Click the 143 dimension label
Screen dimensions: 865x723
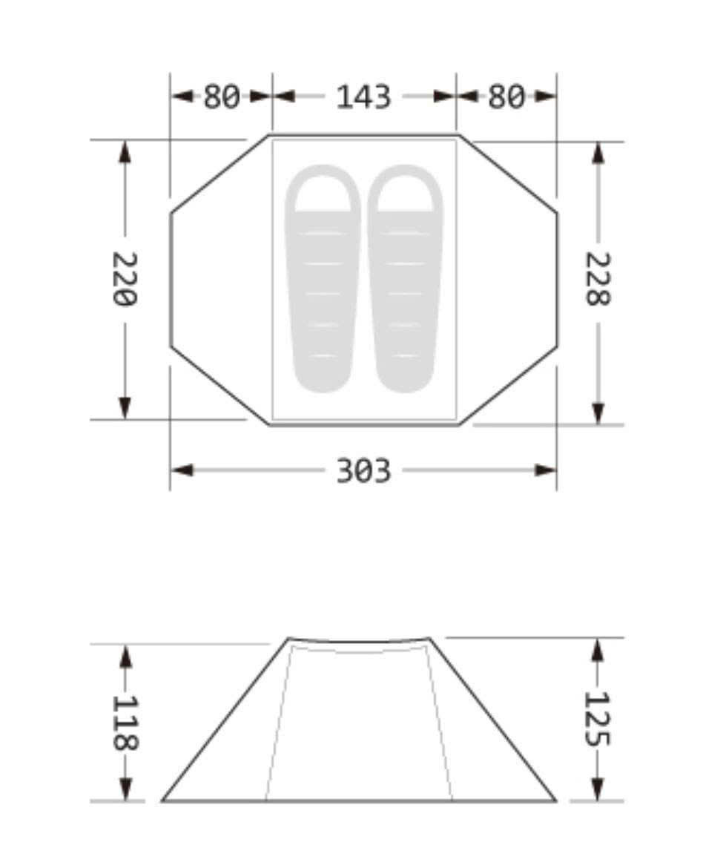coord(363,97)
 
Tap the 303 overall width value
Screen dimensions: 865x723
coord(363,470)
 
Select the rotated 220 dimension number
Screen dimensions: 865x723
coord(125,279)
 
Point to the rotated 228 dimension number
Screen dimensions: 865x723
coord(598,279)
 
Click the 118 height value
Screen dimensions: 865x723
coord(125,723)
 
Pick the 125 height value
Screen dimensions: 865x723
coord(597,719)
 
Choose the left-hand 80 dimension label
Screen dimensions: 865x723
coord(222,97)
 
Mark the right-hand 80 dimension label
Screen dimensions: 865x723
coord(506,97)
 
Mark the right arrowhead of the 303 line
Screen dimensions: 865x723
coord(547,470)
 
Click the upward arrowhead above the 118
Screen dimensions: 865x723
coord(125,655)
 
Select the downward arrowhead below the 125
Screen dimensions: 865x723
coord(597,789)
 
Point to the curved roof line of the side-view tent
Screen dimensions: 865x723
coord(359,641)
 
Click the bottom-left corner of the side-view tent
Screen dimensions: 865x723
coord(163,800)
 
